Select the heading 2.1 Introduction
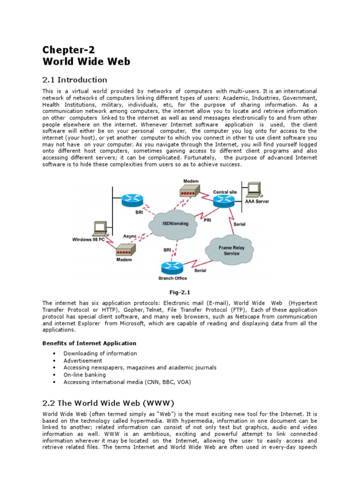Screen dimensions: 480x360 (75, 79)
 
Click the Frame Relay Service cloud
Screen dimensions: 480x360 (229, 251)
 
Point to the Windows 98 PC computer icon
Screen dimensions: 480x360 (99, 229)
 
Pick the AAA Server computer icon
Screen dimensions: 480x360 (254, 190)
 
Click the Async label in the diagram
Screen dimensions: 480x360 (130, 236)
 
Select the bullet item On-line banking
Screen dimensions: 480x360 (84, 375)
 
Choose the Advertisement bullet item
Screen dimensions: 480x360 (82, 360)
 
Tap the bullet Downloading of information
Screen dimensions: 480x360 (100, 353)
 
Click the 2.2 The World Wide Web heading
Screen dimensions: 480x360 (108, 403)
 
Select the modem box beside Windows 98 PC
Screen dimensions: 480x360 (125, 249)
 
